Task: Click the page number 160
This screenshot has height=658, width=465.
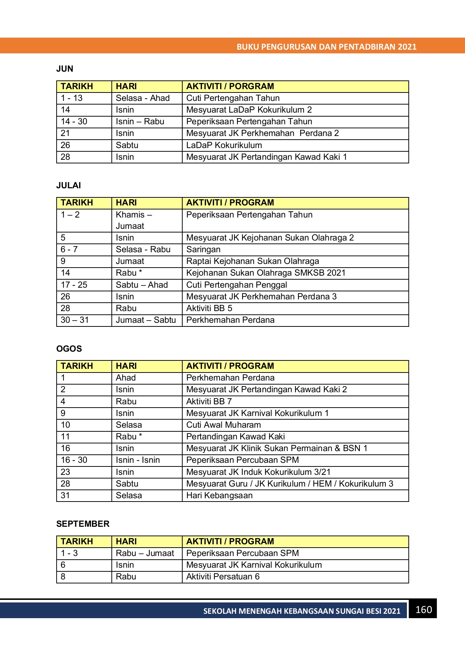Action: tap(423, 609)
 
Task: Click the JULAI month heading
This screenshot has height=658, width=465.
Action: tap(69, 185)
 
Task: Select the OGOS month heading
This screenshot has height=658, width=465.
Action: tap(69, 349)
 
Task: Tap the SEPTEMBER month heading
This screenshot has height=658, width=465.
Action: tap(83, 524)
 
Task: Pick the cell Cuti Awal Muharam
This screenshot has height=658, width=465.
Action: tap(224, 425)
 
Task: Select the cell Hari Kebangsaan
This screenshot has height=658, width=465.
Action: tap(220, 495)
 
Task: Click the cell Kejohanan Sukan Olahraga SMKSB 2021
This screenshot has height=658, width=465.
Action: tap(266, 273)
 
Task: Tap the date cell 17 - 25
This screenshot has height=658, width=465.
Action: tap(74, 285)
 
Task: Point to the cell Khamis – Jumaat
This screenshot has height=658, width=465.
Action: tap(134, 220)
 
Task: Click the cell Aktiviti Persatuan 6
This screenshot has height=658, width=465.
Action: tap(223, 576)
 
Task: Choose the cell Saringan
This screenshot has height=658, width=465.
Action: tap(203, 249)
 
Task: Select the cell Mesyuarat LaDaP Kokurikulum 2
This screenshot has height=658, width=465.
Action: tap(249, 110)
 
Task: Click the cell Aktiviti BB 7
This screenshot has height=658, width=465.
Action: tap(209, 401)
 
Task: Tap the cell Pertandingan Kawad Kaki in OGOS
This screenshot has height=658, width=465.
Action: tap(236, 436)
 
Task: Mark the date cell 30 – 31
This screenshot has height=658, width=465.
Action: tap(75, 320)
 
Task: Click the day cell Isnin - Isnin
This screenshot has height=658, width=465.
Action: tap(138, 460)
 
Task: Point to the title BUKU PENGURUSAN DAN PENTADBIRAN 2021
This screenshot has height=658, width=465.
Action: tap(327, 47)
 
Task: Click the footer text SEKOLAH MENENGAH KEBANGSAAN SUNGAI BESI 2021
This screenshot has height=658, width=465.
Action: tap(302, 611)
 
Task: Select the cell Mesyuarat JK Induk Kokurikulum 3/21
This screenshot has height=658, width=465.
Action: tap(258, 472)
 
